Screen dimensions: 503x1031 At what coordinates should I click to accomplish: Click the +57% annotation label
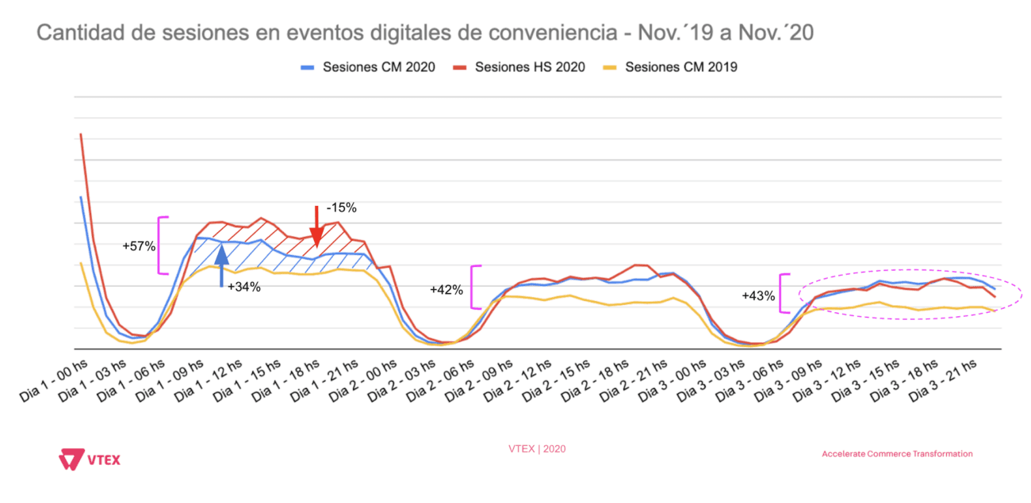coord(139,246)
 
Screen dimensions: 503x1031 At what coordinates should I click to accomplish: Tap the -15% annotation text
coord(341,208)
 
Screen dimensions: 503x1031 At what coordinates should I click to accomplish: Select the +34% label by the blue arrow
coord(244,287)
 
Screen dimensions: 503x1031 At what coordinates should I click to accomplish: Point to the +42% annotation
coord(447,290)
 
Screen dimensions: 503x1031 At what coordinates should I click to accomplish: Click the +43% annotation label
coord(758,295)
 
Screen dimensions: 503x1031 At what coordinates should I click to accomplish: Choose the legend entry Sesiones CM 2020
coord(370,67)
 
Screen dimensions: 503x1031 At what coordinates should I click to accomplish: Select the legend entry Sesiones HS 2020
coord(520,67)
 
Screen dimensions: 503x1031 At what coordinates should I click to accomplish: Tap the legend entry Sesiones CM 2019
coord(671,67)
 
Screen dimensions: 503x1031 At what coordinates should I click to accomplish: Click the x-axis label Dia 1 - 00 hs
coord(54,379)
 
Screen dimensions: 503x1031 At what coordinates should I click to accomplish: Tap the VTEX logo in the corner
coord(90,459)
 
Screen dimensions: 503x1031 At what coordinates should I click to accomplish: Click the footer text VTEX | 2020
coord(537,448)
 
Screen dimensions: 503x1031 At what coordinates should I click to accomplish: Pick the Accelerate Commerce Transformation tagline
coord(897,454)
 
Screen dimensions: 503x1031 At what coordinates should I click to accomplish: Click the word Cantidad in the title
coord(69,33)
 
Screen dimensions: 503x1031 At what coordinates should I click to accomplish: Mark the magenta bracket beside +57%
coord(163,246)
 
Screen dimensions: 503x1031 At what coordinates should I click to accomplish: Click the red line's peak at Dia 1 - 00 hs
coord(81,135)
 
